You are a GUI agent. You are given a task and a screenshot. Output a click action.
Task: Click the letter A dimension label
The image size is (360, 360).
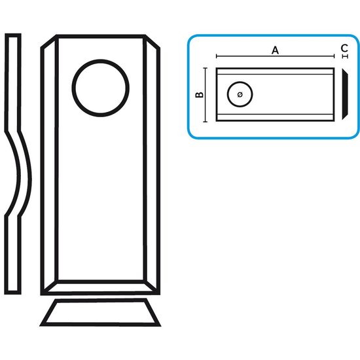(x=275, y=50)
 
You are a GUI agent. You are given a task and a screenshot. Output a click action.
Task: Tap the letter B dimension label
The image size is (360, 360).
(x=199, y=95)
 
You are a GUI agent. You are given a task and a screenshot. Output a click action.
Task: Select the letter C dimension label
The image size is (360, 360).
(x=344, y=48)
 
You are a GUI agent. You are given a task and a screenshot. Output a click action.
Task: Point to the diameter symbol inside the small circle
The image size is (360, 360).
(x=240, y=94)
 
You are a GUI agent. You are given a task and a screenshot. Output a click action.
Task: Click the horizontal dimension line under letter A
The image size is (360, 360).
(x=275, y=56)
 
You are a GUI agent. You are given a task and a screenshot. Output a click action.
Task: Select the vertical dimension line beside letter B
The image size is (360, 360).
(x=206, y=95)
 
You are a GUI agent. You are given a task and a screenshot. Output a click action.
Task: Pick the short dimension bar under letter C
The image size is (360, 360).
(x=345, y=56)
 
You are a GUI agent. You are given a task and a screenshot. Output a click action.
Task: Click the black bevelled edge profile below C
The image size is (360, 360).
(x=345, y=94)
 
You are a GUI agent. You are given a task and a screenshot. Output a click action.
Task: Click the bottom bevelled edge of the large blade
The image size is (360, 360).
(x=100, y=287)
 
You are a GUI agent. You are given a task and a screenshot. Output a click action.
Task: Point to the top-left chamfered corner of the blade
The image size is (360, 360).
(x=48, y=41)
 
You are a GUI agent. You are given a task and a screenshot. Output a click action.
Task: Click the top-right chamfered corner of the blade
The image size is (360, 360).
(x=153, y=41)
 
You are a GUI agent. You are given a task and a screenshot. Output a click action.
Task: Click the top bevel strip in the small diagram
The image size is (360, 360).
(x=275, y=71)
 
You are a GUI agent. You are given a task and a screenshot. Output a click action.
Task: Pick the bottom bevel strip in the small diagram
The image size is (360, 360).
(x=275, y=117)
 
